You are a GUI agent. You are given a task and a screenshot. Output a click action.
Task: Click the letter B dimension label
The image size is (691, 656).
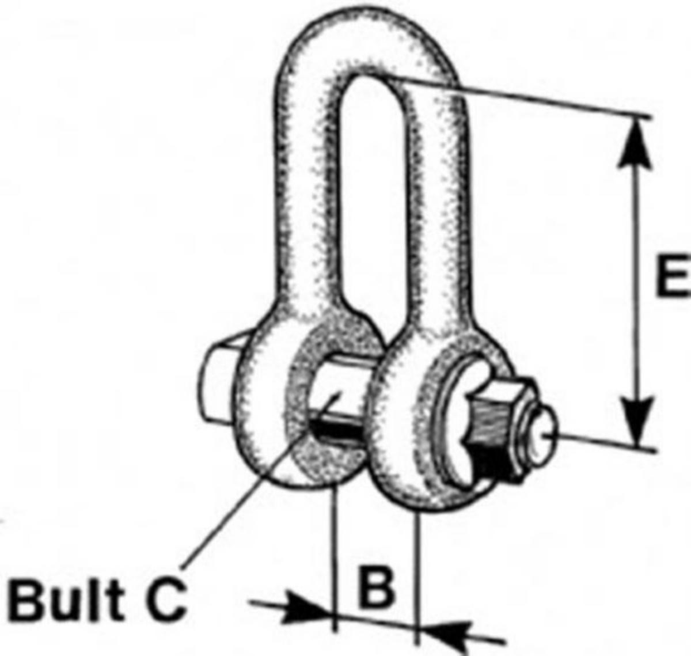point(377,586)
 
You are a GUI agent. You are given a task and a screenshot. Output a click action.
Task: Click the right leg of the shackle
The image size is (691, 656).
point(438,202)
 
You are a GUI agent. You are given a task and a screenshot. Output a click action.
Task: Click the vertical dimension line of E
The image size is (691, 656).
point(636,276)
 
